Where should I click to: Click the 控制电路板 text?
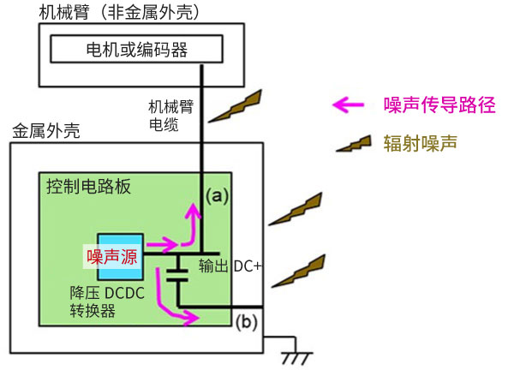pyautogui.click(x=85, y=188)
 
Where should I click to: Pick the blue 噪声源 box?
pyautogui.click(x=120, y=255)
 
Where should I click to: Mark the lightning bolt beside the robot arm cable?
pyautogui.click(x=237, y=107)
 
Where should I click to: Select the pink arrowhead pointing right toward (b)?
pyautogui.click(x=195, y=319)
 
